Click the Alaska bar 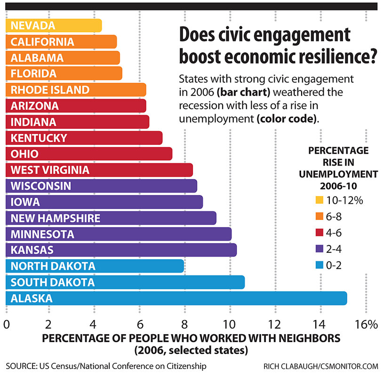point(176,298)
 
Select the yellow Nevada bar point(54,25)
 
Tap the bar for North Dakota point(94,266)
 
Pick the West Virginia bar point(99,170)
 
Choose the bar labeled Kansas point(120,250)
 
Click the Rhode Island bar point(75,90)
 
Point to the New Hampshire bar point(111,218)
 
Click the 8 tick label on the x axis point(185,324)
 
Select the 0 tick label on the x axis point(7,324)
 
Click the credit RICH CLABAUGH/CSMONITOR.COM point(325,366)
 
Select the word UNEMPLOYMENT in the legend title point(338,174)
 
